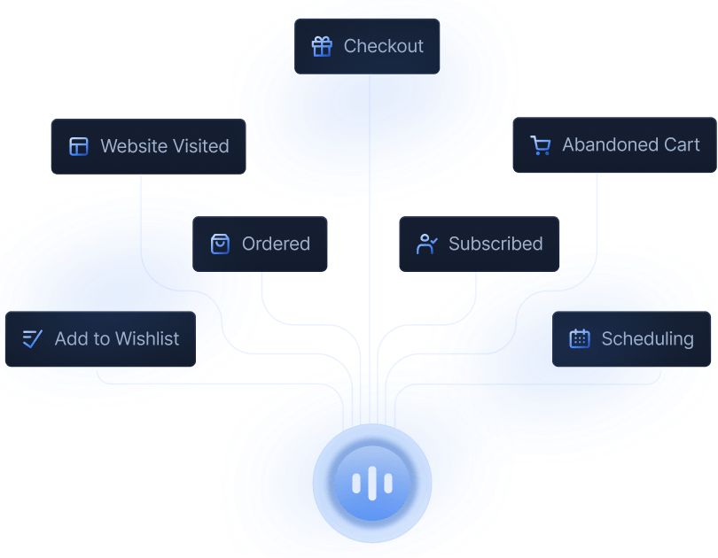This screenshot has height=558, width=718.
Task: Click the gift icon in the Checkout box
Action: coord(322,46)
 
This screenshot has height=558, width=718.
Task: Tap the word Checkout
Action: coord(384,46)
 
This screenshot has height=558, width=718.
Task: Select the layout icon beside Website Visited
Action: coord(79,146)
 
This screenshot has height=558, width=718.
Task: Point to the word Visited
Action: coord(201,146)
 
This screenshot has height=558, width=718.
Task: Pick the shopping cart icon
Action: coord(540,145)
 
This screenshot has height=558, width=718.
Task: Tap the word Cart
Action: coord(682,144)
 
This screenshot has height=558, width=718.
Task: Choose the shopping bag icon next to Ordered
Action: coord(220,244)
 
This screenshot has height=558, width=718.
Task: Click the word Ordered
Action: coord(276,244)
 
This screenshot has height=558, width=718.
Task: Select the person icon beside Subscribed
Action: coord(427,244)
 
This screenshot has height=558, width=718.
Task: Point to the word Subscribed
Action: coord(496,244)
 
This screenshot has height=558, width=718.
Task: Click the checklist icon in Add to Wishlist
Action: coord(33,338)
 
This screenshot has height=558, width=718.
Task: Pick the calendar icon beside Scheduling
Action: coord(580,338)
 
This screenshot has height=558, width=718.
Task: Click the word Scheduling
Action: coord(647,338)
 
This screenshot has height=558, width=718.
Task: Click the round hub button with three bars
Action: coord(371,484)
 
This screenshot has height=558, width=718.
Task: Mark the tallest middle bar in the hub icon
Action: coord(371,484)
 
